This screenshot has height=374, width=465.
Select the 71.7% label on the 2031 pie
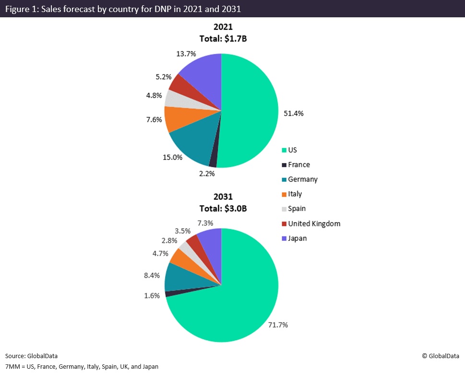point(277,325)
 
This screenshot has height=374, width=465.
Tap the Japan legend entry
point(297,238)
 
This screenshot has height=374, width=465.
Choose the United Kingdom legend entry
point(314,224)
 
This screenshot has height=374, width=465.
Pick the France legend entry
point(298,165)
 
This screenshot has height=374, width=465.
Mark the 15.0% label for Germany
point(172,157)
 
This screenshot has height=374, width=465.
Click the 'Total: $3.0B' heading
point(223,208)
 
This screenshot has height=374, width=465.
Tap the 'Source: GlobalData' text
point(31,356)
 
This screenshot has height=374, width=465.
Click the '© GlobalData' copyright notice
point(440,356)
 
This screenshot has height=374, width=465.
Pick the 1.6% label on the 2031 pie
point(152,296)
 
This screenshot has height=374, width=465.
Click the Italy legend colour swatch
point(284,195)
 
